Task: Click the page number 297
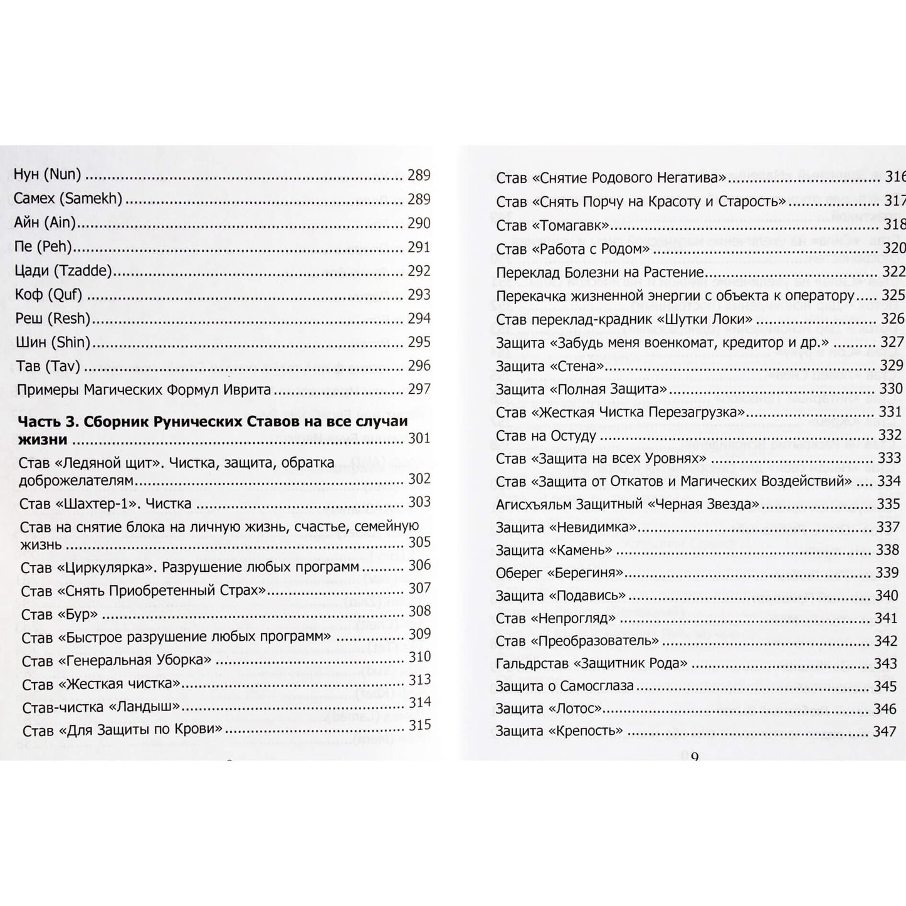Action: pyautogui.click(x=419, y=389)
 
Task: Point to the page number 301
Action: pyautogui.click(x=419, y=439)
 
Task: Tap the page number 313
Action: pyautogui.click(x=419, y=680)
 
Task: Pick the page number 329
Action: pyautogui.click(x=892, y=366)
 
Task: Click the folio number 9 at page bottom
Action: pyautogui.click(x=694, y=757)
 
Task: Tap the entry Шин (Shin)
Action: pyautogui.click(x=53, y=342)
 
